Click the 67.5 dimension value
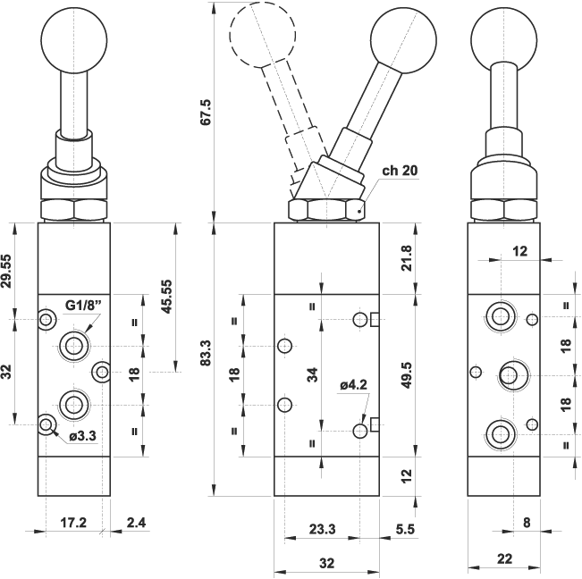206,113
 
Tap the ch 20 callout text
400,170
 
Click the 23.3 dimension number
322,529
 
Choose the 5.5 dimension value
405,529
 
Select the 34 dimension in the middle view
312,374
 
